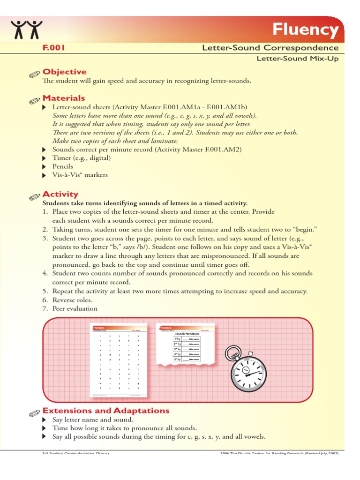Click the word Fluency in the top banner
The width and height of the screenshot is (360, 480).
[306, 30]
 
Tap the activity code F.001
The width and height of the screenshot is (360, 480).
[53, 48]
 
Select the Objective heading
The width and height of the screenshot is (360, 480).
[65, 72]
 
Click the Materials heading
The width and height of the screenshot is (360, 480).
[64, 98]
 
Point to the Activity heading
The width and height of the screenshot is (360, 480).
[60, 194]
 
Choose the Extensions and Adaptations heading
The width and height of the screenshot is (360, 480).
[106, 411]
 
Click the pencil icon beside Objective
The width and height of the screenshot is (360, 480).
[34, 74]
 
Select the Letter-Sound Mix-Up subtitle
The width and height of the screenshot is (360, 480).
[297, 59]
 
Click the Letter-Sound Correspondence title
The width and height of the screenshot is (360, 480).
[270, 48]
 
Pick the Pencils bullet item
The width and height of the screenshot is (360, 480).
[63, 166]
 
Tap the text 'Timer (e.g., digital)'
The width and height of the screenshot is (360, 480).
[81, 158]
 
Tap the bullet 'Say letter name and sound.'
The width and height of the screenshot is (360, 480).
[92, 420]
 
